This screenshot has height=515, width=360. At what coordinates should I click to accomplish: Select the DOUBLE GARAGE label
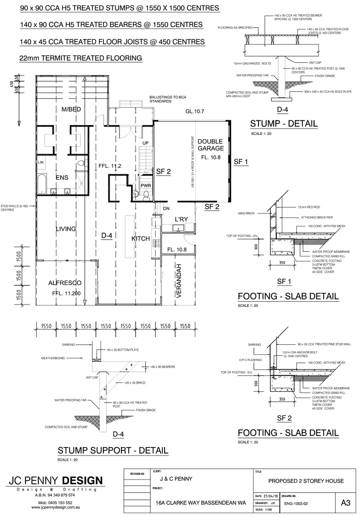210,145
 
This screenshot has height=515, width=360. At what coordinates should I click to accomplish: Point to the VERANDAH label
179,281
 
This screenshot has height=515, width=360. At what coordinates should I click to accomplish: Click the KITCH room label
140,239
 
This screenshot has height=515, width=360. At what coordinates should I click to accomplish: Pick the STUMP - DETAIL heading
284,124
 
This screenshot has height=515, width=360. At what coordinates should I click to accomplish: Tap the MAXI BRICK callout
244,213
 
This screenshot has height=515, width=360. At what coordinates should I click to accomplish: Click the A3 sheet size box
345,503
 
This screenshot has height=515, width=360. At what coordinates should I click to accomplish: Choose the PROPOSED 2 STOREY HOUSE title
306,481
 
